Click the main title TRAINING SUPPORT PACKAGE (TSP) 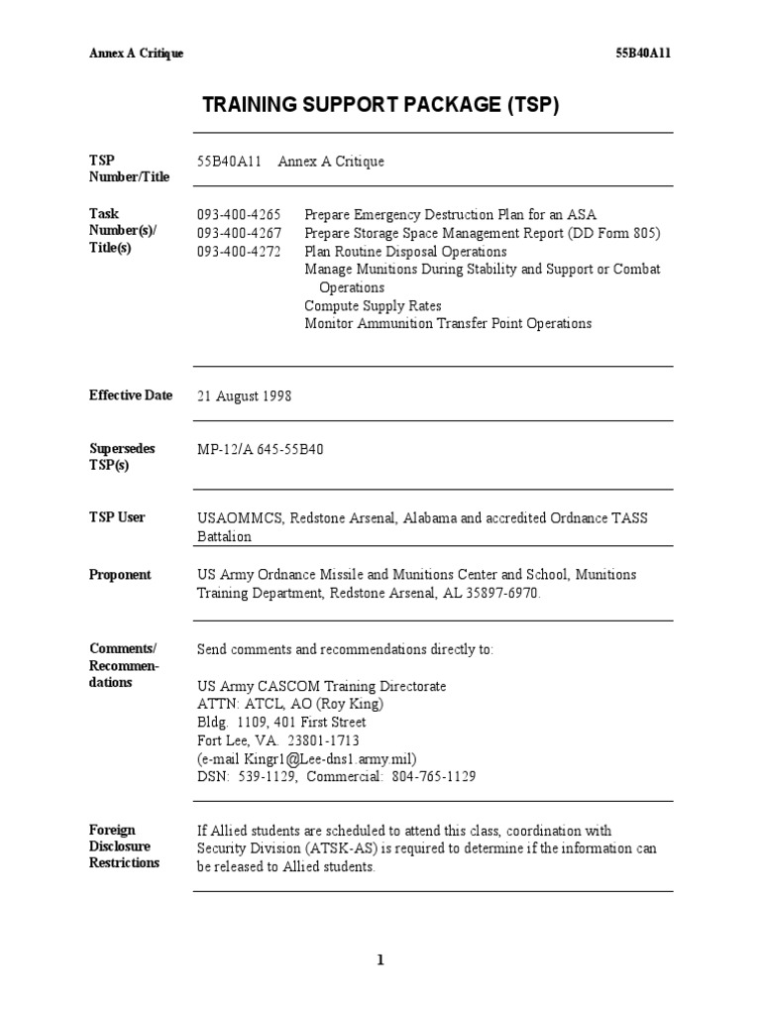coord(380,104)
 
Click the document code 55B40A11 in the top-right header coord(643,53)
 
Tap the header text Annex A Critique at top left coord(136,53)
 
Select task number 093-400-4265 coord(239,215)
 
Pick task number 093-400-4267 coord(239,233)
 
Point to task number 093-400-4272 coord(239,252)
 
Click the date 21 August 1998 coord(244,395)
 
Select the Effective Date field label coord(131,395)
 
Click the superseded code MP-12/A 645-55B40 coord(260,449)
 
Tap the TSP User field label coord(117,517)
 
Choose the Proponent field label coord(120,575)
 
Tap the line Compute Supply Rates coord(373,305)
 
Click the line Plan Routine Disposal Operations coord(405,252)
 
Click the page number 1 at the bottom coord(380,959)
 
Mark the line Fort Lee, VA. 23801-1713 coord(278,740)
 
